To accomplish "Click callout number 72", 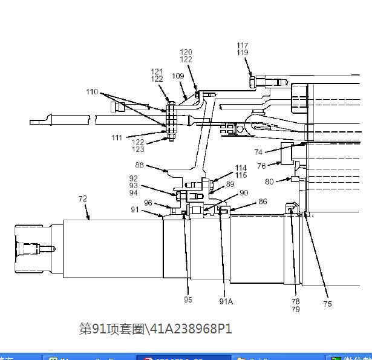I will coord(83,198).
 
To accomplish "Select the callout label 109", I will coord(178,76).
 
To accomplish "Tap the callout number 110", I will coord(92,93).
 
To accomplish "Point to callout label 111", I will coord(117,138).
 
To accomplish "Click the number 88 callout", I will coord(140,165).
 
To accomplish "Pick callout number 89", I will coord(230,184).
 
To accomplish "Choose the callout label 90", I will coord(244,193).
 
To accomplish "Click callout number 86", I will coord(263,201).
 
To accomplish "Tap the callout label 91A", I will coord(226,301).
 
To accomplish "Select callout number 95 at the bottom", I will coord(188,299).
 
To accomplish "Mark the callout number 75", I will coord(327,304).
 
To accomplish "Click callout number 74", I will coord(258,152).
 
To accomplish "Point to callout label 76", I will coord(261,166).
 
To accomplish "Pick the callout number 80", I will coord(269,181).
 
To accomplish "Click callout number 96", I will coord(148,203).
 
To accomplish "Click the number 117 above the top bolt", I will coord(243,45).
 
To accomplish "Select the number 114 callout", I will coord(241,168).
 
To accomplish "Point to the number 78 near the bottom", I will coord(295,301).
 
